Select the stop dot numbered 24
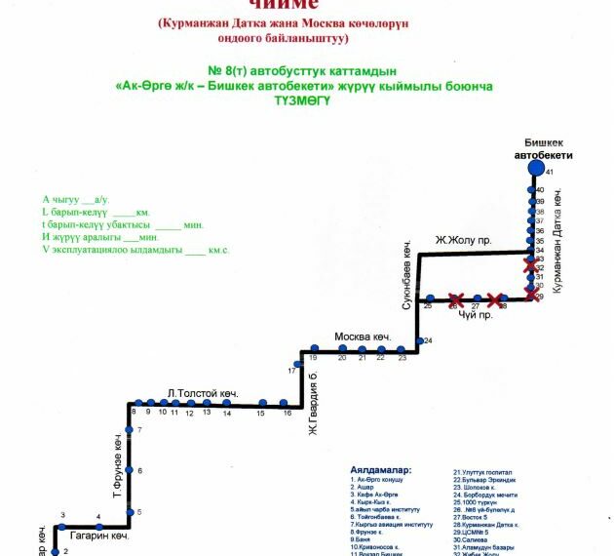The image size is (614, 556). [418, 340]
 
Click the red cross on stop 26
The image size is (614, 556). [454, 299]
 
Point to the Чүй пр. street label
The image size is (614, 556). [473, 315]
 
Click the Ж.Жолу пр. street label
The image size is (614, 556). [461, 240]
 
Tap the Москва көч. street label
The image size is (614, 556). [362, 337]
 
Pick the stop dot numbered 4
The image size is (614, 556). [98, 526]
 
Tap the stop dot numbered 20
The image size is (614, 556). [342, 348]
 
